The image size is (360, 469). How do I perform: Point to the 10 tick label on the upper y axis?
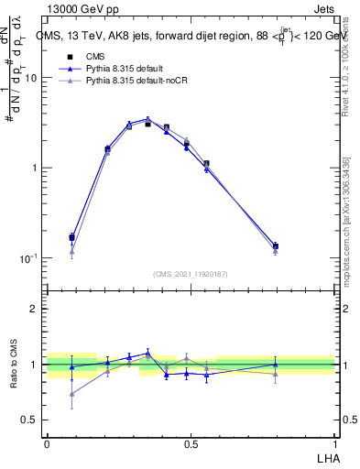pos(29,78)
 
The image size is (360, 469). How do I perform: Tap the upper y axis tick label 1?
pos(33,169)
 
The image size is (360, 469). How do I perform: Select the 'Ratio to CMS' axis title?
pos(12,365)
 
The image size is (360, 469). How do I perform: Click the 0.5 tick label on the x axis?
pos(191,443)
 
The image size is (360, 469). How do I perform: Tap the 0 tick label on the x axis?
pos(46,443)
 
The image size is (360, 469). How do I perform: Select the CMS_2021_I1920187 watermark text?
pos(191,273)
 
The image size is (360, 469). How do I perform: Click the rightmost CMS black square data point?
pos(276,245)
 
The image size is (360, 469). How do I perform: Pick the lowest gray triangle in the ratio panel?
pos(71,394)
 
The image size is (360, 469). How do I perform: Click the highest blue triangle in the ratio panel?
pos(147,353)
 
